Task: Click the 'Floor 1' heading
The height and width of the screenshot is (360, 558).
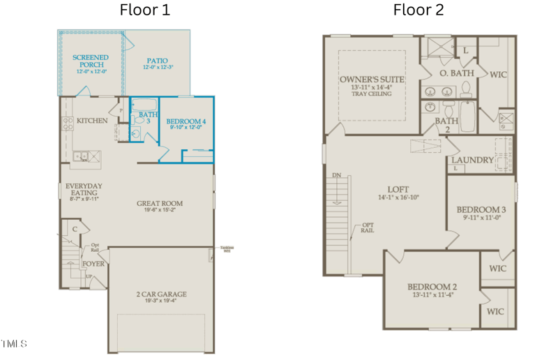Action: pos(144,10)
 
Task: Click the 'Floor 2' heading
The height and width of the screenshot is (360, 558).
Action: pos(418,10)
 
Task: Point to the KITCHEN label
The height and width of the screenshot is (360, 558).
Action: pos(92,121)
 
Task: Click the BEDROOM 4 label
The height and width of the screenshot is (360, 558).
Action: pos(186,122)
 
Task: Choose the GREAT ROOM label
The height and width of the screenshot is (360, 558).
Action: pos(160,204)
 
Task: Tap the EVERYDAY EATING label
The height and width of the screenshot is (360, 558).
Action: pos(84,190)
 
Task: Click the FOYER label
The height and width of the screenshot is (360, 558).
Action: pos(93,264)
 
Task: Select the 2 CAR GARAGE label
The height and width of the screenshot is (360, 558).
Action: pos(160,294)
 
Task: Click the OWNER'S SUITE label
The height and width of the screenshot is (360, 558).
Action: pos(372,80)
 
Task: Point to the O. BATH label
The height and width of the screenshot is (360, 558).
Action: pos(457,73)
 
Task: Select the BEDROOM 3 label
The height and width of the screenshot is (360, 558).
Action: pos(481,209)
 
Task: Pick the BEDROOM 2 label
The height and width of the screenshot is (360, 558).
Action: pos(432,287)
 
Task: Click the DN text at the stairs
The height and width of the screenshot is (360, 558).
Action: pos(336,176)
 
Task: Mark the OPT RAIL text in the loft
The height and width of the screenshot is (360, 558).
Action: pos(367,227)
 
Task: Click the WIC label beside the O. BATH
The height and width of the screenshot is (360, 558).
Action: pos(498,75)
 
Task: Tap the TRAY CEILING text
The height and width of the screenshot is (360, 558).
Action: pos(372,94)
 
